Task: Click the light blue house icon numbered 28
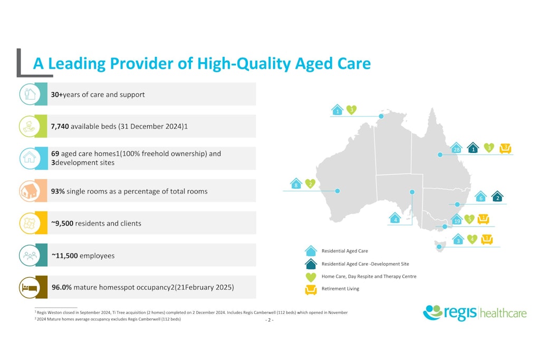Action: [456, 148]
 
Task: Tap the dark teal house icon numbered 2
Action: [497, 197]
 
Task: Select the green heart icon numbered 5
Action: [469, 219]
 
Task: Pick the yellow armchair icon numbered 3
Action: [505, 148]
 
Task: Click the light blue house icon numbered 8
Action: [296, 183]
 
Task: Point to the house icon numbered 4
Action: [395, 218]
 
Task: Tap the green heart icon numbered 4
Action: [472, 239]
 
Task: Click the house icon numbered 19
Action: [457, 219]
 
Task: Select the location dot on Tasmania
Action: [439, 247]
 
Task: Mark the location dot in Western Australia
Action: [337, 191]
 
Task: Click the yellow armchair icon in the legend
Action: [311, 290]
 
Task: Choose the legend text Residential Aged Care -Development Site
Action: [365, 264]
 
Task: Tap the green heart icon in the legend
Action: [311, 277]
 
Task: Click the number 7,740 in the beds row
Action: [60, 127]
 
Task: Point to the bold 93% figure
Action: [58, 191]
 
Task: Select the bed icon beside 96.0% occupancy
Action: [30, 287]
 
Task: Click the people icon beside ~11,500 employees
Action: [30, 255]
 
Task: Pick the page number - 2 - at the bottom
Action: [269, 320]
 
